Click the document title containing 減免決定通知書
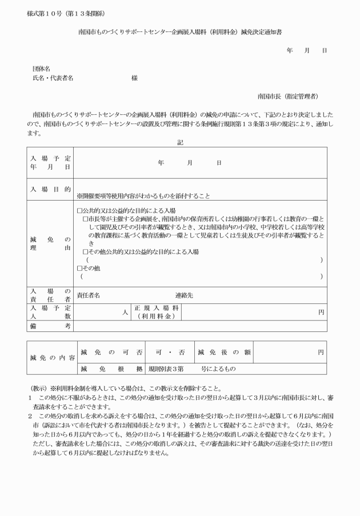pyautogui.click(x=179, y=33)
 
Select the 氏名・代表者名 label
pyautogui.click(x=53, y=78)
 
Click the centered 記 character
pyautogui.click(x=179, y=142)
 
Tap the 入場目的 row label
pyautogui.click(x=50, y=189)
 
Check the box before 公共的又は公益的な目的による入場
pyautogui.click(x=79, y=210)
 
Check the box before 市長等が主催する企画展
pyautogui.click(x=86, y=219)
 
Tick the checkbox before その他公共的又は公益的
pyautogui.click(x=86, y=251)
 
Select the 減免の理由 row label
pyautogui.click(x=50, y=243)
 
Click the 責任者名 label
pyautogui.click(x=89, y=295)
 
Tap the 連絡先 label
pyautogui.click(x=185, y=295)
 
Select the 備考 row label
pyautogui.click(x=50, y=326)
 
